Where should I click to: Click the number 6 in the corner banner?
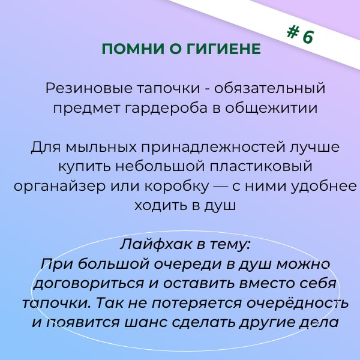pyautogui.click(x=308, y=36)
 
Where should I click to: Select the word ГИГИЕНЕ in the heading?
pyautogui.click(x=224, y=49)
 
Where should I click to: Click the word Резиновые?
pyautogui.click(x=89, y=88)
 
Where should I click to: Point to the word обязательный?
pyautogui.click(x=270, y=88)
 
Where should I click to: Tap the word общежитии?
pyautogui.click(x=271, y=109)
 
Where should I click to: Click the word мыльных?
pyautogui.click(x=101, y=147)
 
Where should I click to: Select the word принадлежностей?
pyautogui.click(x=212, y=147)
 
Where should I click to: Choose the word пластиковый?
pyautogui.click(x=261, y=166)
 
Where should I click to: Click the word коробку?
pyautogui.click(x=176, y=185)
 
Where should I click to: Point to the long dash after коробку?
pyautogui.click(x=220, y=187)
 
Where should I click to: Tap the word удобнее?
pyautogui.click(x=324, y=185)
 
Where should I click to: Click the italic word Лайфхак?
pyautogui.click(x=155, y=244)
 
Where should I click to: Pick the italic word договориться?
pyautogui.click(x=88, y=283)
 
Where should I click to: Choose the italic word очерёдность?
pyautogui.click(x=298, y=303)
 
